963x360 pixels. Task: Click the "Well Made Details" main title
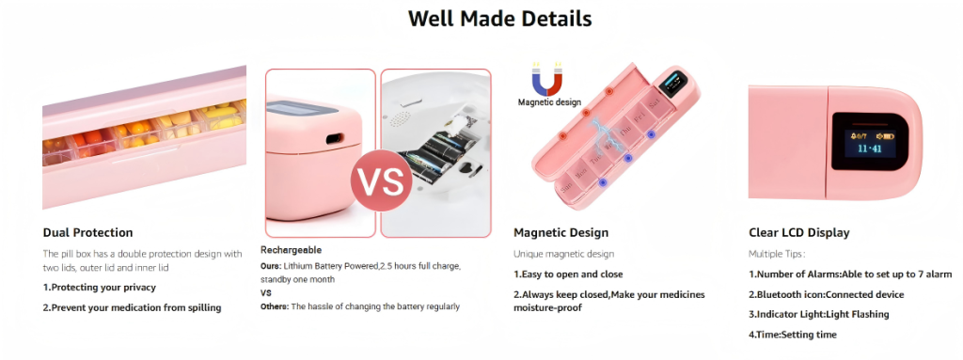tap(500, 19)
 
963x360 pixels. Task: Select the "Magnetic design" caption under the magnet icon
tap(549, 102)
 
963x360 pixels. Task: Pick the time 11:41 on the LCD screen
tap(870, 149)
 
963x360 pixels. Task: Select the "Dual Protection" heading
tap(87, 233)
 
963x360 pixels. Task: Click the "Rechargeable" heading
tap(292, 250)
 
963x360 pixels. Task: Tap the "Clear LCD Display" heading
tap(799, 233)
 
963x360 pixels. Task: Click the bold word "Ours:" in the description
tap(271, 267)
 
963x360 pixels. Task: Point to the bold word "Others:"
tap(275, 305)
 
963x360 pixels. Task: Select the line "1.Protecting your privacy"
tap(100, 288)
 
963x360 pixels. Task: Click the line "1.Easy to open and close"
tap(568, 274)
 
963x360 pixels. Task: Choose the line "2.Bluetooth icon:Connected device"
tap(826, 294)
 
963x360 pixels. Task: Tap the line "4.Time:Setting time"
tap(792, 335)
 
